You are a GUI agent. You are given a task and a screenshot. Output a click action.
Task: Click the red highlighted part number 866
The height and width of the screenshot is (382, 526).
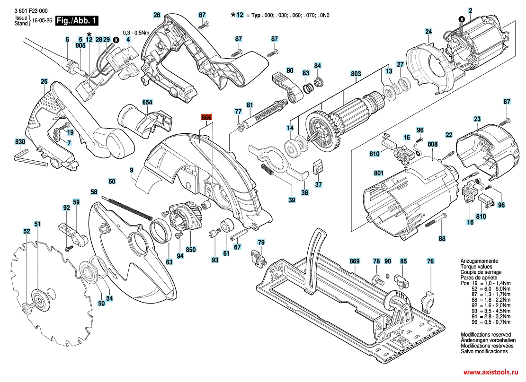coord(206,118)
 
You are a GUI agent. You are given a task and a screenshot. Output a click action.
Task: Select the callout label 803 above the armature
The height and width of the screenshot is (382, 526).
coord(356,74)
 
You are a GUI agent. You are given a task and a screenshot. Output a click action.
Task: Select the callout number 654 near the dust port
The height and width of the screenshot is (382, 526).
coord(147,102)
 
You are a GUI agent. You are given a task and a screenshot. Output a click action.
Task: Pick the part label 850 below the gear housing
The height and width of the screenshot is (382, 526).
coord(191,249)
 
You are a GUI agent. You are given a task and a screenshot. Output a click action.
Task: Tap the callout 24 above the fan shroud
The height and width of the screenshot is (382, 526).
coord(428,32)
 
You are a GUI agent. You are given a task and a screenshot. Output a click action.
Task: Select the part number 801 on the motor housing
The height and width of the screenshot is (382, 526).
coord(378,174)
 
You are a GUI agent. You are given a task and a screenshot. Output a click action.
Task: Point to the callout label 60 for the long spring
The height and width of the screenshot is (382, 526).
coord(112,182)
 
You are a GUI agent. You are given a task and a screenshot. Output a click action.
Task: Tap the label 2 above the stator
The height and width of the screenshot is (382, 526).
coord(471,10)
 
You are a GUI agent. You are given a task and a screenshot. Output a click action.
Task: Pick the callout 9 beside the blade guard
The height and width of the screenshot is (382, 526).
coord(131,169)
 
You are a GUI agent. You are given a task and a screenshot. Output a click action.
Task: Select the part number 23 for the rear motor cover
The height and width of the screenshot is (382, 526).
coord(477,119)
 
